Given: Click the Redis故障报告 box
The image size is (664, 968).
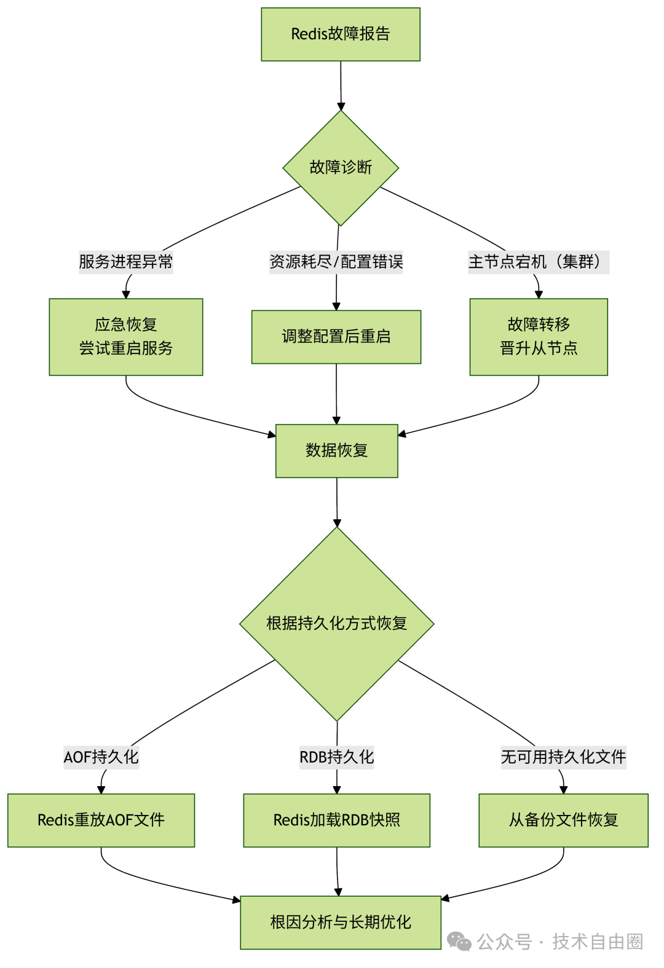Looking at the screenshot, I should [x=341, y=34].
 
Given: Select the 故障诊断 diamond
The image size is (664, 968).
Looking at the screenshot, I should [x=341, y=167].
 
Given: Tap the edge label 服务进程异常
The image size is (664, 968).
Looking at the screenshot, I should [x=126, y=262].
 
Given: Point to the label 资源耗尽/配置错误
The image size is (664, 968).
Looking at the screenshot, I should [x=336, y=262].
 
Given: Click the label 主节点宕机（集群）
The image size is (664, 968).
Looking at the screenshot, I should [x=538, y=262].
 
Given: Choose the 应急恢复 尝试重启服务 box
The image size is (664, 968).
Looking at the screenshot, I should [x=126, y=337].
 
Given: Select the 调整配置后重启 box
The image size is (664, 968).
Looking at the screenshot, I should [x=336, y=337].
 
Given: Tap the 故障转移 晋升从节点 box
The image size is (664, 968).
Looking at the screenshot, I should [x=539, y=337].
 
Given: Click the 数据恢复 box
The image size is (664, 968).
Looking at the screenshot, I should [x=337, y=451].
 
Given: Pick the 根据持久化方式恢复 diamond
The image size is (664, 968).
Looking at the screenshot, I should [x=337, y=623].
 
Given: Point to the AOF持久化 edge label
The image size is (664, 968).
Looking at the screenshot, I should [x=101, y=757].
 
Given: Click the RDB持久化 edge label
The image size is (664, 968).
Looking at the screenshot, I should [x=337, y=757].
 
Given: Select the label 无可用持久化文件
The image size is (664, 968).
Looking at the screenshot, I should [x=563, y=757].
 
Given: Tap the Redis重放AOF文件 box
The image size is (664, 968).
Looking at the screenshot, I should [x=101, y=820].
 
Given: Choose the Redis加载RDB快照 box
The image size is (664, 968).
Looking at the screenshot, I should [x=337, y=820].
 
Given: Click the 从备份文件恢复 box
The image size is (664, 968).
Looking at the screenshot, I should [x=563, y=820].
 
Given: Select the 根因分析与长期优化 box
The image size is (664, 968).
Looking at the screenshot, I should [x=341, y=922].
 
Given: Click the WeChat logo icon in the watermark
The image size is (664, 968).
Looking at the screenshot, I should [x=459, y=941].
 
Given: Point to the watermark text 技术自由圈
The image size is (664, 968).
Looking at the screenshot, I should [x=597, y=941].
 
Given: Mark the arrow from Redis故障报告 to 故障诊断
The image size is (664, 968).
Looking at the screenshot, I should [x=341, y=86].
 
